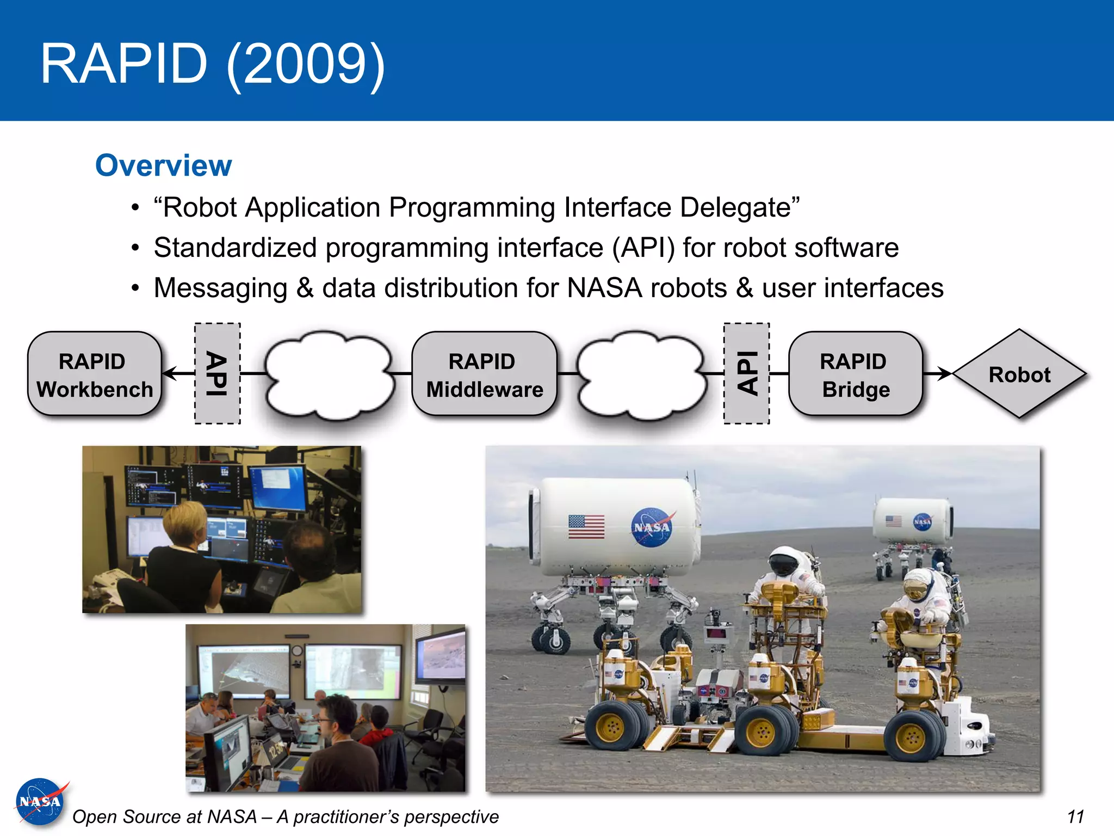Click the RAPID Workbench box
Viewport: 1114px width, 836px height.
(95, 374)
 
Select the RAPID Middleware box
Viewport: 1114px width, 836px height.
(484, 374)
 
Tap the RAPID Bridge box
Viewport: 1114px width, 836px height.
(855, 374)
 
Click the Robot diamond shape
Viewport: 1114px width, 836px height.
(1019, 374)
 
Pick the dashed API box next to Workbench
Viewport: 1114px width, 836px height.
(218, 373)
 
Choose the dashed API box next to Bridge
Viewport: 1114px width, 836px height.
(746, 373)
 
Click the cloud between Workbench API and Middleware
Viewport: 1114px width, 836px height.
(330, 376)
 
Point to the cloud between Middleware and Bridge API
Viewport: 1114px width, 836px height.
(642, 376)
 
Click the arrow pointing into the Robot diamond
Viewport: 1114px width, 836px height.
(938, 373)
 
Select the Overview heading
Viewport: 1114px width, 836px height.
(163, 165)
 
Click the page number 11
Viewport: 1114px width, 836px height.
(1075, 816)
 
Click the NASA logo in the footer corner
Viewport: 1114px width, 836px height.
(40, 802)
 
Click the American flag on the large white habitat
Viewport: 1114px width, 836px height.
(586, 526)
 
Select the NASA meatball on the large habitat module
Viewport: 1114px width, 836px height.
(652, 527)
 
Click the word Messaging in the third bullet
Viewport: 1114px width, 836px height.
(220, 288)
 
